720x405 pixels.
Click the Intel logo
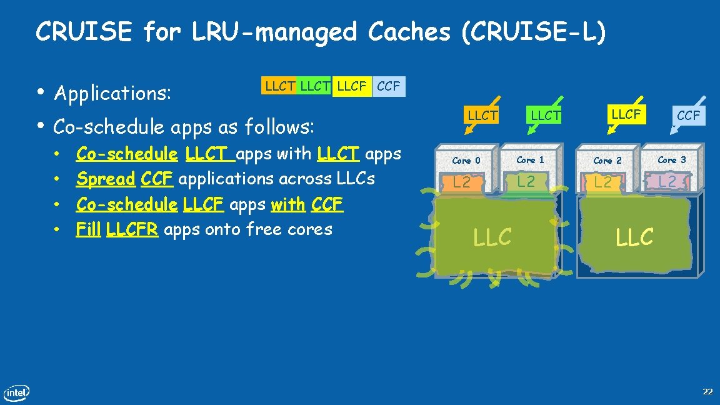pos(17,392)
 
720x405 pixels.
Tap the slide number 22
pos(707,392)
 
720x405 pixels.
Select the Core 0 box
pos(467,161)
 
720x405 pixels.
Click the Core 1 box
pos(530,160)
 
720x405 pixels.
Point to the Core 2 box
pos(607,161)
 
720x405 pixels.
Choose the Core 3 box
pos(671,160)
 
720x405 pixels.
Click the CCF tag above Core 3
pos(689,116)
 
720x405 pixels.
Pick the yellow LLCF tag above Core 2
pos(626,114)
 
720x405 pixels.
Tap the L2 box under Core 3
pos(667,182)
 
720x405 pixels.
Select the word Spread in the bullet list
pos(105,179)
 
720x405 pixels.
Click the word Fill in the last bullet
pos(88,229)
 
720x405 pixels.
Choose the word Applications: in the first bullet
pos(112,94)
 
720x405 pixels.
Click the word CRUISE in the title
pos(84,32)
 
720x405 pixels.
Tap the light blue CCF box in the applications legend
pos(388,86)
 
